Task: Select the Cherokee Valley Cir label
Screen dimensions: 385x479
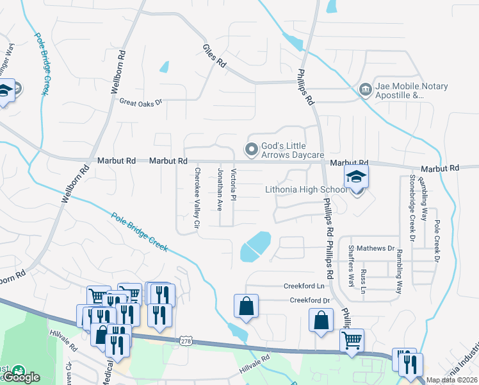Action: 198,199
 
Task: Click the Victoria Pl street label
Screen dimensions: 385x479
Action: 234,184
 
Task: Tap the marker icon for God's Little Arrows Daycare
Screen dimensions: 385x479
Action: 252,150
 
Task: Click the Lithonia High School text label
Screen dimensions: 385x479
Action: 306,190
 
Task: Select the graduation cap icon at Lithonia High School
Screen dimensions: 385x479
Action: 356,177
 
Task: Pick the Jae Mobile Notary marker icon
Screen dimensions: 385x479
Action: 366,88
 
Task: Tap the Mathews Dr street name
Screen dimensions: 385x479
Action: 376,248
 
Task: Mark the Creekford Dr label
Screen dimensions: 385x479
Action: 309,300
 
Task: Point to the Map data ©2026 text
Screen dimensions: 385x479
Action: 451,380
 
